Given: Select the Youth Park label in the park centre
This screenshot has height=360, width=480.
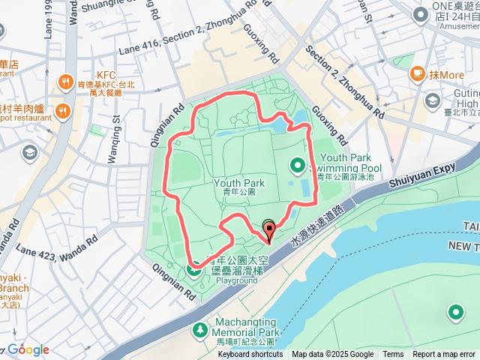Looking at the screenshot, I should [239, 183].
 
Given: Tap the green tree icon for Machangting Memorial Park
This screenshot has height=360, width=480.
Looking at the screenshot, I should [200, 330].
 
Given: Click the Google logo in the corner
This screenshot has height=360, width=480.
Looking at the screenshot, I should [28, 350].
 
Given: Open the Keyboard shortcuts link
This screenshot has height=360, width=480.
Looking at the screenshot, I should [250, 355].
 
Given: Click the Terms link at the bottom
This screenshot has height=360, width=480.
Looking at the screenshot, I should [393, 355].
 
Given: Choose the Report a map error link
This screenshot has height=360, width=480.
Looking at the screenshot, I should [445, 355].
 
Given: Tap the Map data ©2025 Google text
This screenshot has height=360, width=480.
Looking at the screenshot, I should [332, 355].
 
